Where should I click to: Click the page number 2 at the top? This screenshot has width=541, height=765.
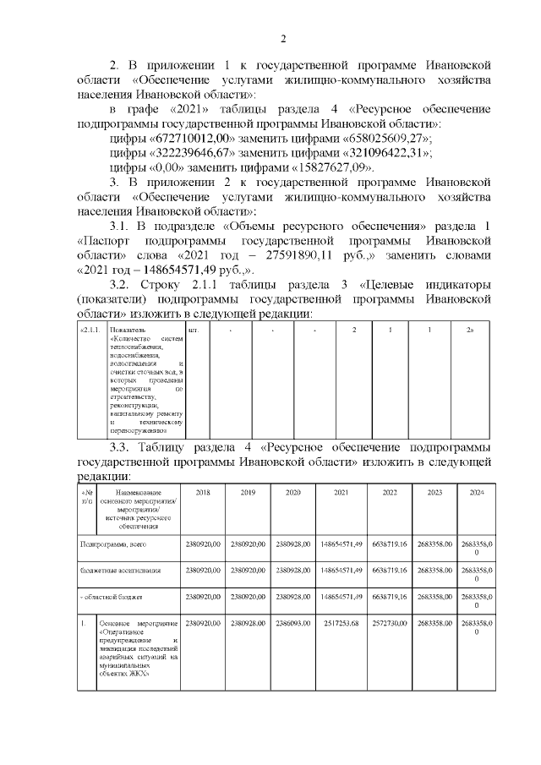pos(284,38)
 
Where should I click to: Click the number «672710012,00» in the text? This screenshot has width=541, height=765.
pos(191,138)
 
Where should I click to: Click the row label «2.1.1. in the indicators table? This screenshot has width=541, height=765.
pos(90,329)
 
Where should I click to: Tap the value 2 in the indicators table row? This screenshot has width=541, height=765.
pos(354,329)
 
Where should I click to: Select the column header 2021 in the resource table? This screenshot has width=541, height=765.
pos(342,492)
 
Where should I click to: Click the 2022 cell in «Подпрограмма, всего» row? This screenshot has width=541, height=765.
pos(390,544)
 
